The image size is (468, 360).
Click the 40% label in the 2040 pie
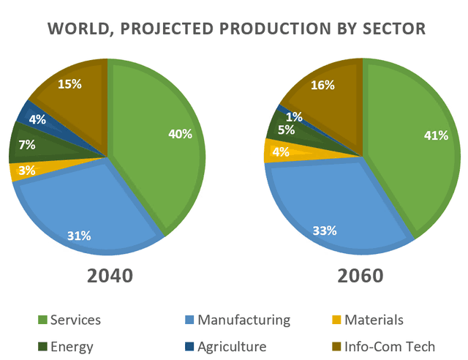tap(180, 134)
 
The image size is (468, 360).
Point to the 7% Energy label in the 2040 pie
tap(27, 145)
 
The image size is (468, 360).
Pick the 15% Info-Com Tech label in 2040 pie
tap(69, 83)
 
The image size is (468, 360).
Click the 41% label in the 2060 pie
tap(436, 135)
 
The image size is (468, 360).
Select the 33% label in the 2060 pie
tap(324, 230)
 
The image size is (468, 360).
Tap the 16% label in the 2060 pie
tap(322, 85)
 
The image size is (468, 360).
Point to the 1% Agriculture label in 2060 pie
tap(293, 116)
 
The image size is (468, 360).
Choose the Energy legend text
tap(72, 346)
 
